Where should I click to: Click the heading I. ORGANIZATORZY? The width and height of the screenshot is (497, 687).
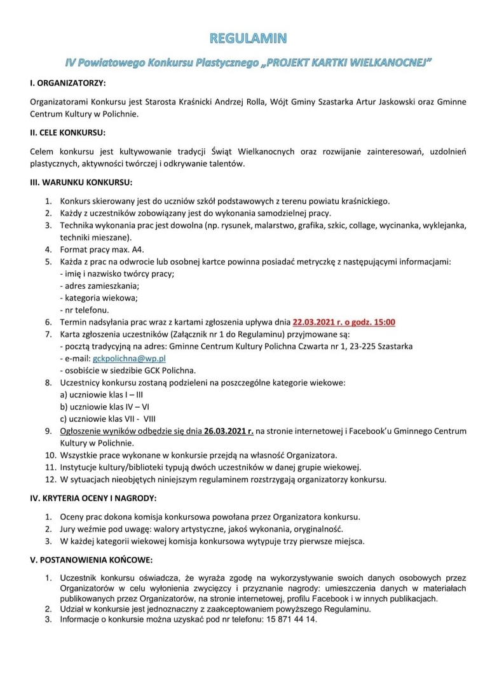click(x=67, y=83)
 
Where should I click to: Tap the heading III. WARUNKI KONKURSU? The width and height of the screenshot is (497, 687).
click(x=81, y=183)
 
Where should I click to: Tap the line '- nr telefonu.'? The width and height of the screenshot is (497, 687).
click(x=83, y=310)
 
